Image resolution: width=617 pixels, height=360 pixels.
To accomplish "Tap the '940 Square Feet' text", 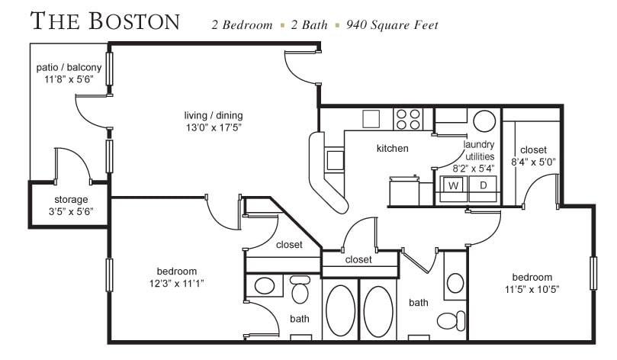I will point(392,25).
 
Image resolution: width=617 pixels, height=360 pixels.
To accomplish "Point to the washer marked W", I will point(453,185).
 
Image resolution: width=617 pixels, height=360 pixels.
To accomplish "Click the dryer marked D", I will point(483,185).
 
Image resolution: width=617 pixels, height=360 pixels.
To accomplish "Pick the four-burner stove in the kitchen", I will point(407,119).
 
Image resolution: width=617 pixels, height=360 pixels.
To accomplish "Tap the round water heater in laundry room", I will point(484,121).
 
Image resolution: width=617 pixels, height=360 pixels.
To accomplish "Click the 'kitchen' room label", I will point(392,148).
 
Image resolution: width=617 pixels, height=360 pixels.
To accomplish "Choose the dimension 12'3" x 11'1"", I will point(177,283).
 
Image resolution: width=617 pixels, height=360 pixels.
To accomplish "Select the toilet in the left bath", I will point(300,290).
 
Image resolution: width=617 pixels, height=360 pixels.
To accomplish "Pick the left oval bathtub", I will point(340,311).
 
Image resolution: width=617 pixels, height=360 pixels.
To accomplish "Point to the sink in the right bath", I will point(455,283).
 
